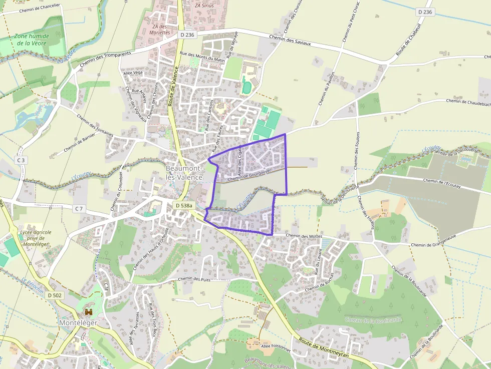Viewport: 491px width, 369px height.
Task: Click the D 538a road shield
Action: tap(183, 206)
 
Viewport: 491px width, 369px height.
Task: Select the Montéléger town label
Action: tap(78, 323)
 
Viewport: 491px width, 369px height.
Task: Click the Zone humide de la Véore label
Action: tap(31, 40)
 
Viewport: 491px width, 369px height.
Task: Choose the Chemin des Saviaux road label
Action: tap(290, 41)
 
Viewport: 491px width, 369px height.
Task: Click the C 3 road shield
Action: tap(21, 160)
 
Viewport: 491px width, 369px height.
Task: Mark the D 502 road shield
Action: tap(55, 295)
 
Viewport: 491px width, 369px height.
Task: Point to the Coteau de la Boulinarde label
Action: tap(373, 320)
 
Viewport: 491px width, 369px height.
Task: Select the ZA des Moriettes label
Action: tap(160, 29)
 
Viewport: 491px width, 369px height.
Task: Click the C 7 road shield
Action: tap(79, 208)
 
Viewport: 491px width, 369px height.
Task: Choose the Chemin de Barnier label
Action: tap(79, 143)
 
